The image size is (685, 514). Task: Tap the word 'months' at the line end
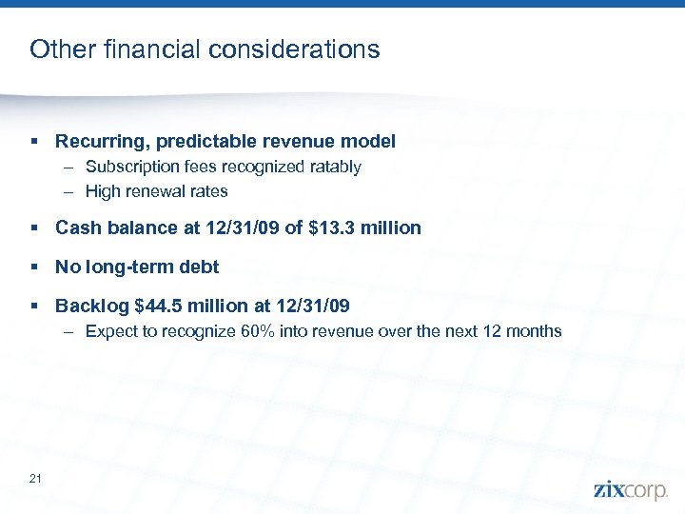tap(533, 331)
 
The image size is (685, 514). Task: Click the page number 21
tap(35, 478)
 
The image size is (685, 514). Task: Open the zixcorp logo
tap(631, 489)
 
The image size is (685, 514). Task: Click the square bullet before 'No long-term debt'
tap(35, 267)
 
